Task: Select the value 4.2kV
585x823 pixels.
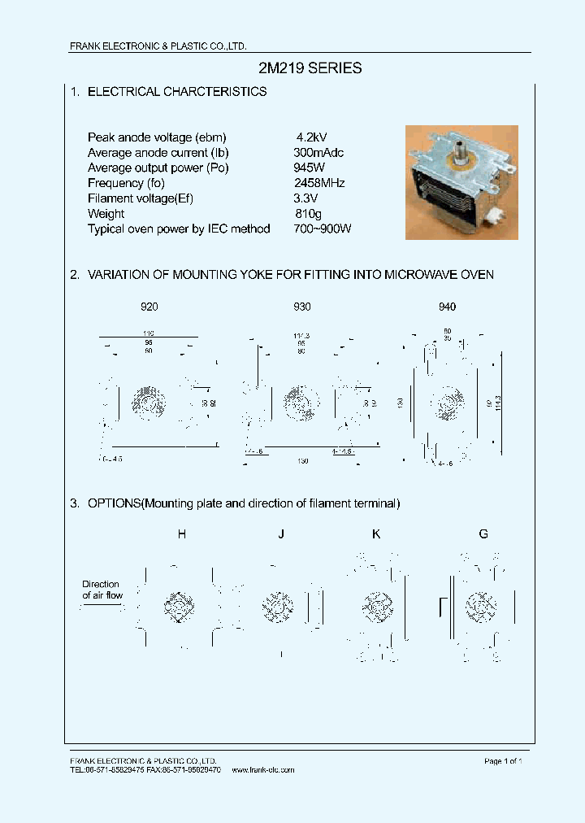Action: [312, 137]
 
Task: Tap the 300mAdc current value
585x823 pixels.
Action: [319, 153]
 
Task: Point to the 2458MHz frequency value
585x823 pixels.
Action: [319, 183]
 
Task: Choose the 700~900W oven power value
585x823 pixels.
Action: [323, 229]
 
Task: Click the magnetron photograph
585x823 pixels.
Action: [461, 182]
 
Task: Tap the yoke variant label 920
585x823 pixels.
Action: [149, 307]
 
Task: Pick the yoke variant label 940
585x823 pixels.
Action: [447, 307]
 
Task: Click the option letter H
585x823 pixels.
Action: [181, 534]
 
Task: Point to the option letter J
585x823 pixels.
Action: [280, 534]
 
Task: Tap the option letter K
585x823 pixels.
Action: [376, 534]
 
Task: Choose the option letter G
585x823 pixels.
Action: [483, 534]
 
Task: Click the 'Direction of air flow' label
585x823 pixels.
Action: [101, 590]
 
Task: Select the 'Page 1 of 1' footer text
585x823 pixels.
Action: [503, 760]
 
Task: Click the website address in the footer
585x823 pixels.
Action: [263, 769]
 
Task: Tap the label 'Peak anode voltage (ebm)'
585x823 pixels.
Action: [157, 137]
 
